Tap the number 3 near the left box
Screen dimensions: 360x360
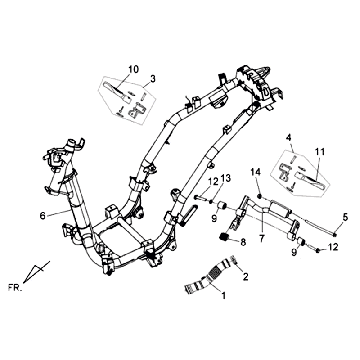click(153, 79)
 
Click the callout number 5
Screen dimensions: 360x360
click(345, 217)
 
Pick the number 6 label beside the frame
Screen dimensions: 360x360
click(42, 213)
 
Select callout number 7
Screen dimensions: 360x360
click(262, 239)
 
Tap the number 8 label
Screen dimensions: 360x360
click(243, 243)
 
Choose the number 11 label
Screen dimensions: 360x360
click(319, 150)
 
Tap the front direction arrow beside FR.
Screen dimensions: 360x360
click(38, 270)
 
